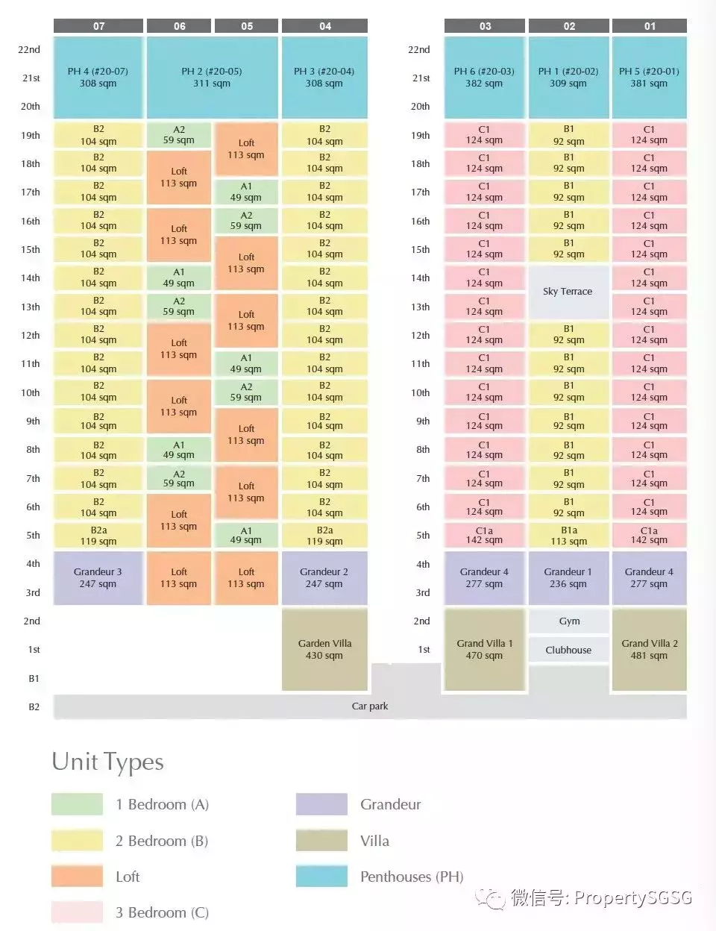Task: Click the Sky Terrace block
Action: pos(568,292)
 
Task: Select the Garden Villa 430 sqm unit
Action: pos(324,649)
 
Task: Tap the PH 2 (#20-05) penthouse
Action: pos(212,78)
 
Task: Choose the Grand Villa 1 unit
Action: pos(484,649)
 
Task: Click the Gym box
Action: pos(569,621)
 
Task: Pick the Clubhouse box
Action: pos(568,650)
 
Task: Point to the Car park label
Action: pos(370,706)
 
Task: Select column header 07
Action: pos(98,26)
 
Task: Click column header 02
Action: pos(569,26)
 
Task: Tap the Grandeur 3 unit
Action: pos(98,577)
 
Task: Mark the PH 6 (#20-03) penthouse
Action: pos(484,78)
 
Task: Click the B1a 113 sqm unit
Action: pos(569,536)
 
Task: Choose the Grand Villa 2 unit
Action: pos(649,649)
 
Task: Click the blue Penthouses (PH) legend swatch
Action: pos(321,877)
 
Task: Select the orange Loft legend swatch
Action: pos(77,877)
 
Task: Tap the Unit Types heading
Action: pos(108,762)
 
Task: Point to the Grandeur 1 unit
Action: pos(568,577)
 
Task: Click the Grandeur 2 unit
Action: pos(324,577)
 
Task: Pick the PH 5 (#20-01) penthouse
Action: pos(649,78)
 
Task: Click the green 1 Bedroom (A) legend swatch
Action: pos(77,804)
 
